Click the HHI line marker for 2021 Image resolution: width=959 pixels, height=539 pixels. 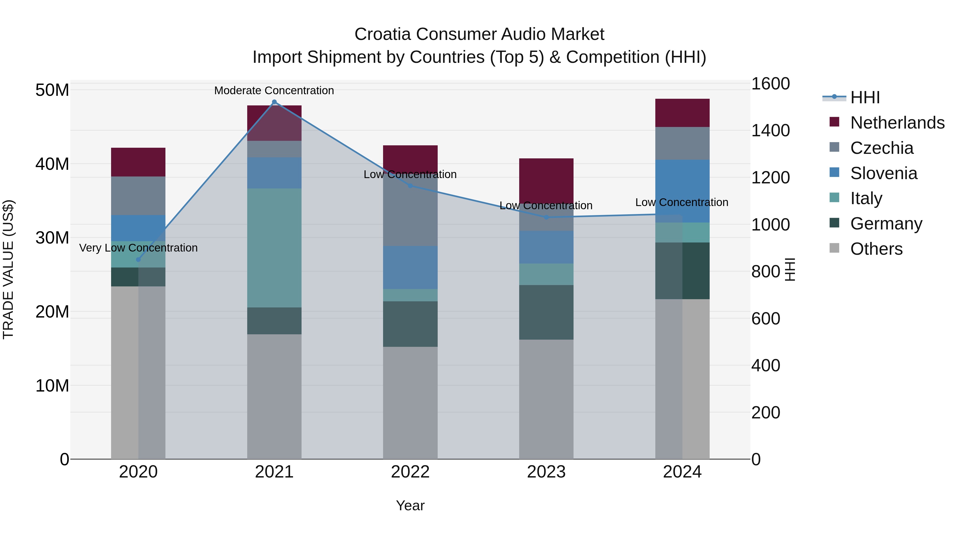(274, 102)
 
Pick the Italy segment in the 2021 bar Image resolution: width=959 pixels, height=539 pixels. (274, 248)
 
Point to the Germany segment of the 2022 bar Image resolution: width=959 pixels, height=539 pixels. (410, 324)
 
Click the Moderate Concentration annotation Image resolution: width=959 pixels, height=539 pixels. (274, 90)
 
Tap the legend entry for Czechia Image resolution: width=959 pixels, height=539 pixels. (881, 148)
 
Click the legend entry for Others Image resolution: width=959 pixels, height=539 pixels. (876, 249)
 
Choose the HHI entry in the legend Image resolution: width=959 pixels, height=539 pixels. (865, 97)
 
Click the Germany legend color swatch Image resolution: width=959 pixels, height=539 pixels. (834, 223)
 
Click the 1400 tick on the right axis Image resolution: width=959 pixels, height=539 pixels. (770, 131)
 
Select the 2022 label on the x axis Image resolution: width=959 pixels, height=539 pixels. (410, 472)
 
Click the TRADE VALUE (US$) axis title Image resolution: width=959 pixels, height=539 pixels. (8, 269)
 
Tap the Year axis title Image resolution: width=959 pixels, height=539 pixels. (410, 505)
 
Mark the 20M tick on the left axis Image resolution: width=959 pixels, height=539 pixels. (52, 312)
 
